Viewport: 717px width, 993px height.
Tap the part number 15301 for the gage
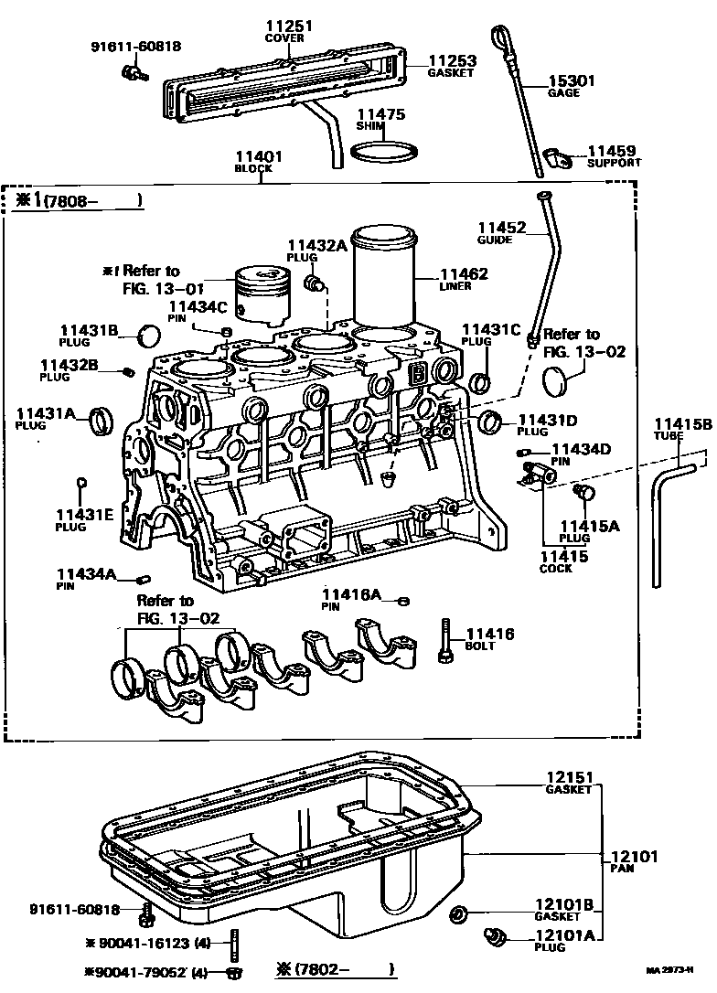(x=571, y=80)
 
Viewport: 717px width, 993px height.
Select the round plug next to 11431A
(x=102, y=423)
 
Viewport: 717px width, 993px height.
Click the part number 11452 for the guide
(x=501, y=228)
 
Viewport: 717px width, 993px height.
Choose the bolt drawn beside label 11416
(x=444, y=640)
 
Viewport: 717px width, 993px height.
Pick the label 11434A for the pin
(x=87, y=573)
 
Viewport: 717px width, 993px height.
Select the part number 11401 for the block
(x=258, y=157)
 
